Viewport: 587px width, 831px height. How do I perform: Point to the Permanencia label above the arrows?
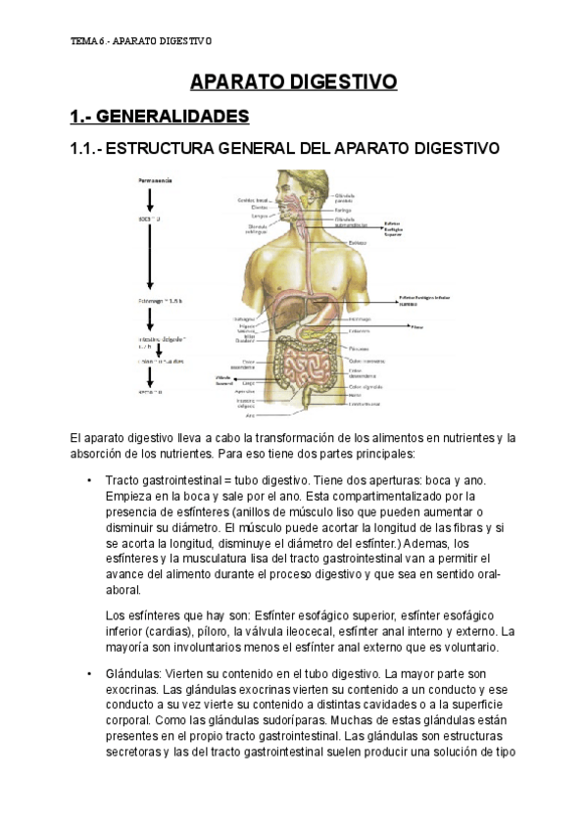click(x=155, y=181)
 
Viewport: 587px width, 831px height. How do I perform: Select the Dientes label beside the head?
click(x=260, y=208)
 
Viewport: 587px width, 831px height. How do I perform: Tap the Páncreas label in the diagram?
click(x=358, y=347)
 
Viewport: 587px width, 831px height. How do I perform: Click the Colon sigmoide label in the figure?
click(x=365, y=386)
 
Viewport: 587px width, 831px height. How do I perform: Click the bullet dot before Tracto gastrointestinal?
click(x=89, y=480)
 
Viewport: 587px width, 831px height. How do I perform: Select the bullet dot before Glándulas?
click(x=89, y=674)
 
